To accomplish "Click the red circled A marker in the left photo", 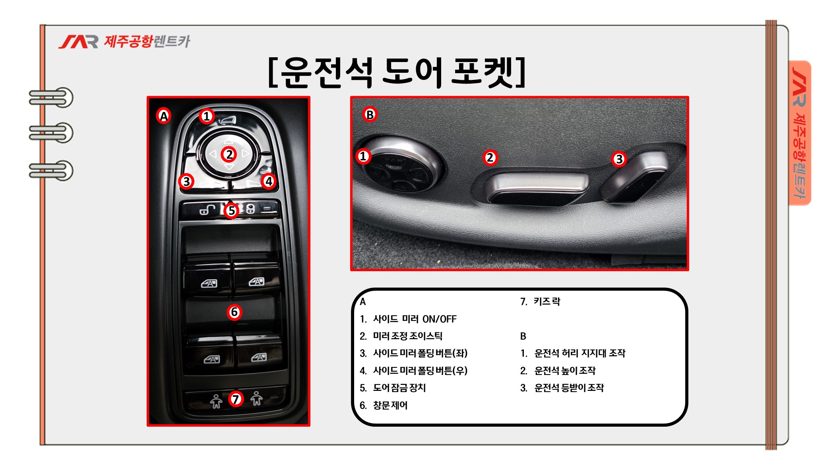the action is [x=164, y=116].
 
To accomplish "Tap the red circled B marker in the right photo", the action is [x=370, y=115].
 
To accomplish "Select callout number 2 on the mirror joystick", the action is [x=229, y=154].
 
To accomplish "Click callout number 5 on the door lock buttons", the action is [x=231, y=211].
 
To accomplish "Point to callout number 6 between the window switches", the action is [x=234, y=312].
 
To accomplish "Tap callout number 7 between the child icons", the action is [x=236, y=399].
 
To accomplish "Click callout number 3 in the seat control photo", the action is [x=619, y=159].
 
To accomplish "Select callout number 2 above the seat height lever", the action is [x=490, y=158].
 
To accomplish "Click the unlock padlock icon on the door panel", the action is [x=207, y=209].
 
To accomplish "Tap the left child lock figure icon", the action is [x=216, y=401].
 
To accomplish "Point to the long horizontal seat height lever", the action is [x=537, y=188].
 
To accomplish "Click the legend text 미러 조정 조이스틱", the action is [x=407, y=336].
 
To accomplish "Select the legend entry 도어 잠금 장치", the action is [x=399, y=388].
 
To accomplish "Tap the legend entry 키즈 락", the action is [x=547, y=301].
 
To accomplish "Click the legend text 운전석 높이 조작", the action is [x=565, y=371].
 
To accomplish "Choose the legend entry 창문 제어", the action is [x=390, y=405].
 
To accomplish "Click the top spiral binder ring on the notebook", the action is [x=51, y=97].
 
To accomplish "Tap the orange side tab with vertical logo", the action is [x=800, y=133].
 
